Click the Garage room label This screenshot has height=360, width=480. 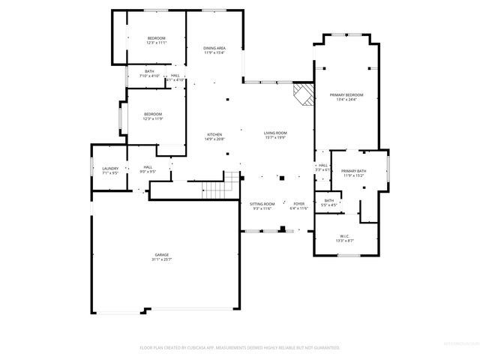click(162, 255)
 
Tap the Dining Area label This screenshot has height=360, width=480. click(214, 48)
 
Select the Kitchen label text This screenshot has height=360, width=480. click(214, 134)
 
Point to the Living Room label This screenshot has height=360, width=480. click(275, 133)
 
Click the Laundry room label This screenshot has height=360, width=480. click(110, 169)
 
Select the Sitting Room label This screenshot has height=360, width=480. click(262, 204)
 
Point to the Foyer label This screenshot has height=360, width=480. click(299, 204)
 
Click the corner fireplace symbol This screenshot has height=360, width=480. click(302, 95)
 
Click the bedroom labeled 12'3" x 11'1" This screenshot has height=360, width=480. click(156, 38)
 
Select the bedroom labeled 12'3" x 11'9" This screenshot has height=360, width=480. click(153, 114)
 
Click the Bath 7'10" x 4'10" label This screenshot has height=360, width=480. click(150, 71)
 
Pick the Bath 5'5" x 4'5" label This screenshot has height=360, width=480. click(329, 200)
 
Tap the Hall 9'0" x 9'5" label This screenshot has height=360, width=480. click(148, 167)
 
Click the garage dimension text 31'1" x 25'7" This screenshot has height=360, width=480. click(162, 259)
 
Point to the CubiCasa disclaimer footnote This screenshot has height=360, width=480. click(240, 348)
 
